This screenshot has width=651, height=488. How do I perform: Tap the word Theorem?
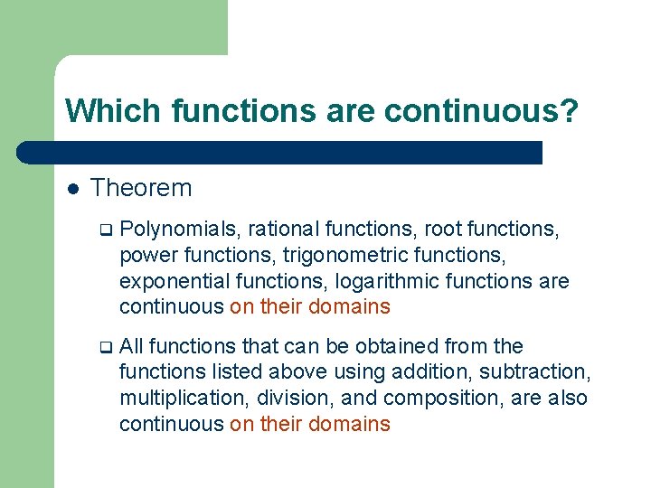pyautogui.click(x=141, y=188)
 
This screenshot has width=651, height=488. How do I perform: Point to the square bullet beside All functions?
pyautogui.click(x=105, y=347)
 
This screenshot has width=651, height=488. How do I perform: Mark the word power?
pyautogui.click(x=147, y=256)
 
